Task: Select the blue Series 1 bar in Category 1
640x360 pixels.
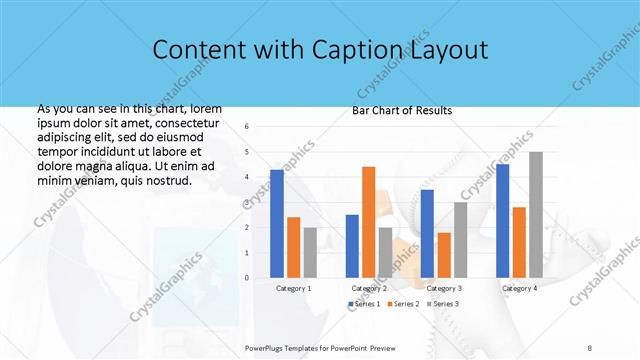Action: (x=277, y=223)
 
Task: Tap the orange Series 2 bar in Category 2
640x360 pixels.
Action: (x=368, y=221)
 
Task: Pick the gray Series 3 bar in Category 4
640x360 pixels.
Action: (x=536, y=214)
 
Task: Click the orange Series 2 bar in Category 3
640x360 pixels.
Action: (x=444, y=254)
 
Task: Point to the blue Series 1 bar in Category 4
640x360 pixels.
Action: (x=502, y=220)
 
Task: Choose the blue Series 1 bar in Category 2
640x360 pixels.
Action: (x=352, y=245)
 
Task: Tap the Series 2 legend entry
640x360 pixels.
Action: (x=401, y=303)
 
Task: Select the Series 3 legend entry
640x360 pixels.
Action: (x=441, y=303)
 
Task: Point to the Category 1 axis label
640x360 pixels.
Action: (x=293, y=288)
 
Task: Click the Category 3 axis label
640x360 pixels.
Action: (x=444, y=288)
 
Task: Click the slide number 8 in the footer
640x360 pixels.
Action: (x=590, y=347)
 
